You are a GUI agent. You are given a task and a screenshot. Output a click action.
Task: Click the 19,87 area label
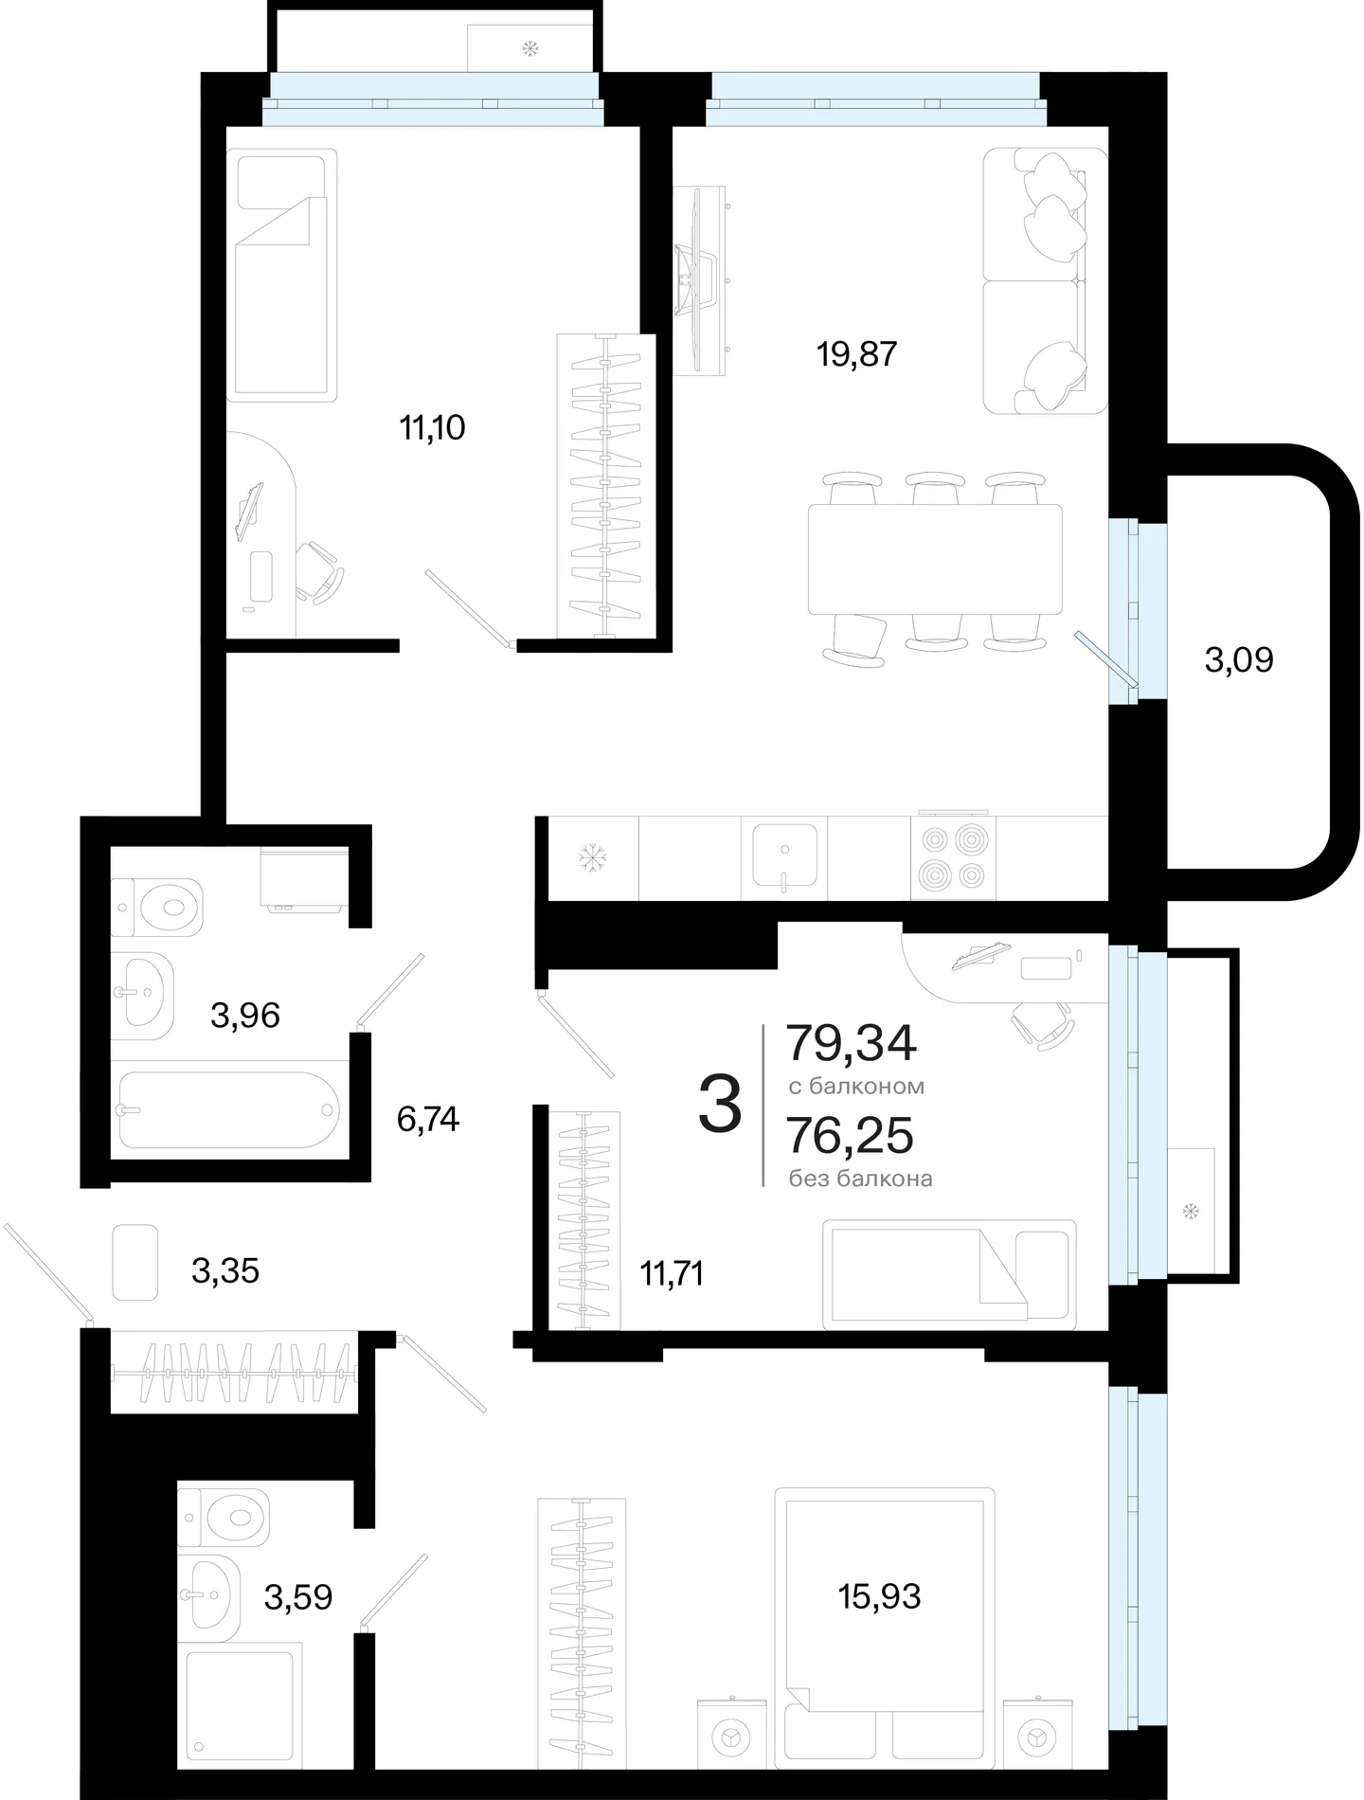pos(856,354)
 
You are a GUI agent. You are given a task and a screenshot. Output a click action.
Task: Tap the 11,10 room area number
pos(432,428)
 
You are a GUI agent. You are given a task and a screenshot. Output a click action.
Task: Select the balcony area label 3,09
pos(1239,659)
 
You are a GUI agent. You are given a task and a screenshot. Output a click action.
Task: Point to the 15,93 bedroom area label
pos(879,1596)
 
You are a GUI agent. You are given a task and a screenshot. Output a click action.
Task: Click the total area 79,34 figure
pos(852,1043)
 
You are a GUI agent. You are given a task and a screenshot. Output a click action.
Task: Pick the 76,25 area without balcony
pos(851,1135)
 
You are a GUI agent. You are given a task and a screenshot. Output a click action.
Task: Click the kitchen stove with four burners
pos(954,857)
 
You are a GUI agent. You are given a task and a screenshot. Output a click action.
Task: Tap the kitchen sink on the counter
pos(785,855)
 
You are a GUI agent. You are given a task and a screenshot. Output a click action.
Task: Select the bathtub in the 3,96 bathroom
pos(228,1110)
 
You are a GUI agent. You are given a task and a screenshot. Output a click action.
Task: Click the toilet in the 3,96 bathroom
pos(157,907)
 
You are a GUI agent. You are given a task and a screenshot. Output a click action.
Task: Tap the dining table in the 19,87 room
pos(935,559)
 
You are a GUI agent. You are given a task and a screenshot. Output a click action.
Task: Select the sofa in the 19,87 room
pos(1046,280)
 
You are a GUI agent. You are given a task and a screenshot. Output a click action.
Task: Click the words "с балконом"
pos(856,1087)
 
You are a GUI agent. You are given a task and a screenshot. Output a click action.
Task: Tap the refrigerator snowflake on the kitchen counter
pos(593,858)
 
